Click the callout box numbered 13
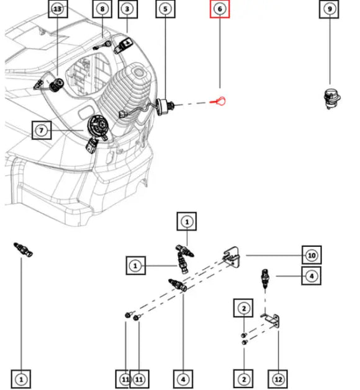point(58,9)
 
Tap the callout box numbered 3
point(127,9)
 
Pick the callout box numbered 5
point(164,9)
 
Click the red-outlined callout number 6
point(219,9)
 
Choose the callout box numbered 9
point(330,9)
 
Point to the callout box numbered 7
point(42,131)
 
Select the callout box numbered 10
point(312,255)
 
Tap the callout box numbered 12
point(278,378)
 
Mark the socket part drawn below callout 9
point(329,99)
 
